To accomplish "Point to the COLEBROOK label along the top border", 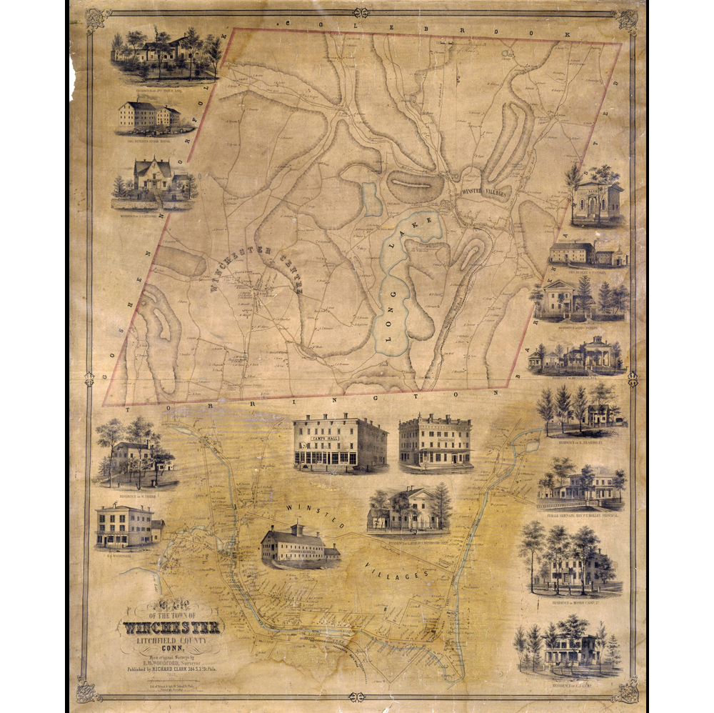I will [428, 29].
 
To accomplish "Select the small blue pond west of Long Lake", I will [371, 199].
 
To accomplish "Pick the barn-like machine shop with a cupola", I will [299, 546].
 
